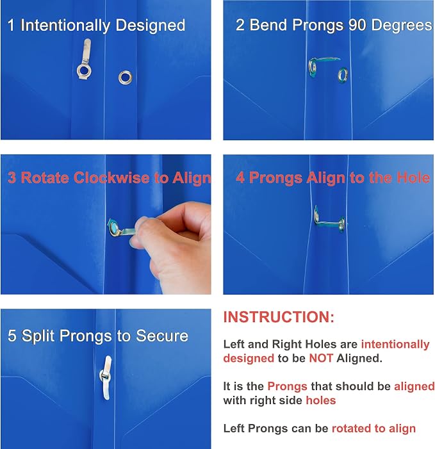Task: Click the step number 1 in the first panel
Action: (x=11, y=25)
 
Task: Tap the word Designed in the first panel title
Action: (x=151, y=26)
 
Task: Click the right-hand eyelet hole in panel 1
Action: (x=125, y=78)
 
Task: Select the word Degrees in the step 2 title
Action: (x=402, y=26)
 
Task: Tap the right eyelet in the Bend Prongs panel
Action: (x=343, y=74)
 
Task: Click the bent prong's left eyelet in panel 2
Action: (x=313, y=68)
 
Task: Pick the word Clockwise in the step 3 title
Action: (x=112, y=178)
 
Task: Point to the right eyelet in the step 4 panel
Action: (x=341, y=224)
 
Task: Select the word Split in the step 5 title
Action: (x=38, y=336)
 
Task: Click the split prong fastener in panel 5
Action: (x=106, y=378)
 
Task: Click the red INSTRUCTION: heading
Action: (x=279, y=317)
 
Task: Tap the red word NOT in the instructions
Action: (x=321, y=358)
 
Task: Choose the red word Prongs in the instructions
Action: (x=287, y=387)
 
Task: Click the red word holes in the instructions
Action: (x=321, y=400)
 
